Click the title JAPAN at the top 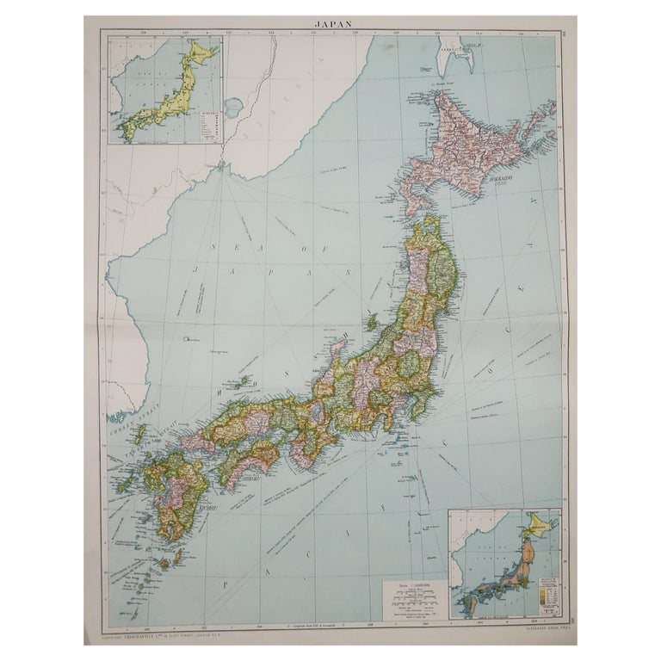(330, 24)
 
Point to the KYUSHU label (210, 509)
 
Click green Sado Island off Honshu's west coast (372, 323)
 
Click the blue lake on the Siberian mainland (232, 108)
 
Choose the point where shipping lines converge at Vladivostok (222, 165)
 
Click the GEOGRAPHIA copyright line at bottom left (159, 638)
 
